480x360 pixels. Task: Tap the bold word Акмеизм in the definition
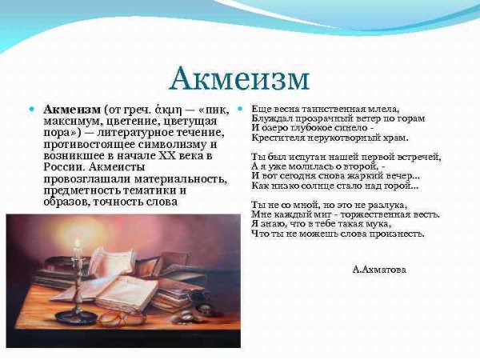(72, 109)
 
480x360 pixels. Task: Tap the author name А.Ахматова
(378, 270)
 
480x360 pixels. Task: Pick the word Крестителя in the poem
(278, 138)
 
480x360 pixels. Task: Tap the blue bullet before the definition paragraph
(31, 108)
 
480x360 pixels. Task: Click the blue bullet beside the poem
(240, 108)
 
